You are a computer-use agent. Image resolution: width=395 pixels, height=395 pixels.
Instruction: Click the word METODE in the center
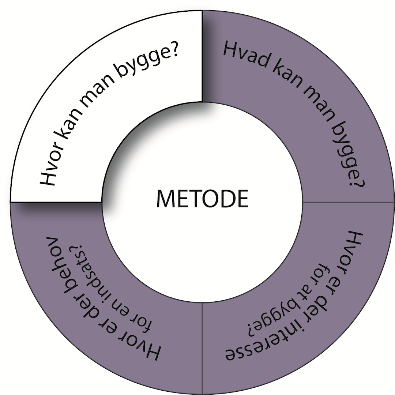tap(202, 198)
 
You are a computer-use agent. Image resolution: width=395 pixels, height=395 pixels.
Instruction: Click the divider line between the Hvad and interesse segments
tap(347, 202)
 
